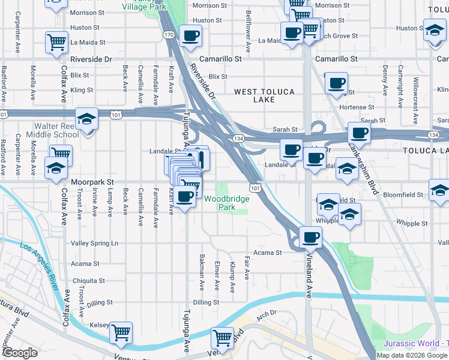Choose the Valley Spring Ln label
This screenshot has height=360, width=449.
[95, 243]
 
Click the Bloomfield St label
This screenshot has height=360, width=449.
[401, 194]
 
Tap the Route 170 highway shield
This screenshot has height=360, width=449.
[169, 35]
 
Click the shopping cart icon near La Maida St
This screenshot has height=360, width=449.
[56, 42]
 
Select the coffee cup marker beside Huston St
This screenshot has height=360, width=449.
[190, 35]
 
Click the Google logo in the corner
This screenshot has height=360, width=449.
[21, 352]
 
